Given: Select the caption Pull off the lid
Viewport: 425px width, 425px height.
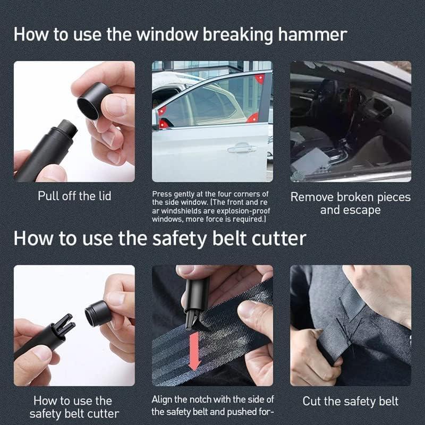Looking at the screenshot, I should (x=74, y=196).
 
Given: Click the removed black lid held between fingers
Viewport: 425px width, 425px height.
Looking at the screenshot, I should (x=94, y=101).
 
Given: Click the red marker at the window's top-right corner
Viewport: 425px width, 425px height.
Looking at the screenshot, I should (x=260, y=79).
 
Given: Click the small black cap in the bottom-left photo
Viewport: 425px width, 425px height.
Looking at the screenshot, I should (x=97, y=313).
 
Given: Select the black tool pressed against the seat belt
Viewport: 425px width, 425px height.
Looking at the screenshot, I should (x=196, y=297).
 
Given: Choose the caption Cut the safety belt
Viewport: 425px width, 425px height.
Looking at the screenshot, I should (x=350, y=401).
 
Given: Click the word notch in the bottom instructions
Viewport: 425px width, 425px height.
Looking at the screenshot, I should (x=206, y=399).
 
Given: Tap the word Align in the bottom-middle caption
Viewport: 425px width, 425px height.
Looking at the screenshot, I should (x=163, y=399).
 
